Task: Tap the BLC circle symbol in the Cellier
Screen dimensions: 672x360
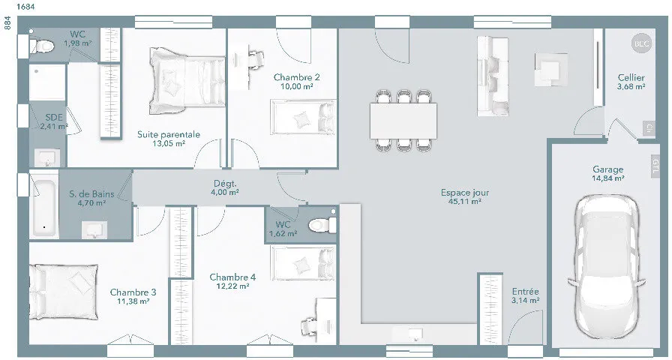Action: tap(641, 43)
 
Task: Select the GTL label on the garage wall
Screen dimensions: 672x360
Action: tap(655, 166)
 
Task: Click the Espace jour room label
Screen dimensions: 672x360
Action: tap(465, 193)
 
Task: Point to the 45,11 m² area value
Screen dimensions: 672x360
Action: tap(465, 202)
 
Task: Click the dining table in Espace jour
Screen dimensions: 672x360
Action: tap(403, 121)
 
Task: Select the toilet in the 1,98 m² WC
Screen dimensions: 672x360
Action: tap(41, 46)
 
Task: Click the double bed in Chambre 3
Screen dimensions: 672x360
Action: tap(64, 292)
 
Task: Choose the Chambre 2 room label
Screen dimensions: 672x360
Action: tap(296, 77)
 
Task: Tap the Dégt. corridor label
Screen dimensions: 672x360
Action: tap(225, 184)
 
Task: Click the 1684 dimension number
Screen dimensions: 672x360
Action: tap(26, 7)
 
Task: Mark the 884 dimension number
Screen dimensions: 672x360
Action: tap(7, 22)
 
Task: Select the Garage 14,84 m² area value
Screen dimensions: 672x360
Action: tap(607, 178)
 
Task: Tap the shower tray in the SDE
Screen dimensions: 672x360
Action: tap(47, 82)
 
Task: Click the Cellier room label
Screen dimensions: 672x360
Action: tap(631, 77)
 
